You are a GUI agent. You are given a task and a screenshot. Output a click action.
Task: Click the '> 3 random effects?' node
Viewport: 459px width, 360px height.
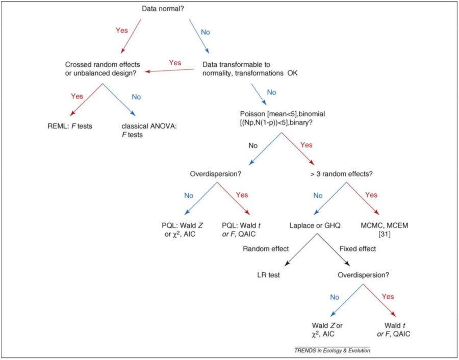pos(341,173)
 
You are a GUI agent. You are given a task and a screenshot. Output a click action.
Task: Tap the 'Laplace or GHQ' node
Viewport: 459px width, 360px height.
pos(314,225)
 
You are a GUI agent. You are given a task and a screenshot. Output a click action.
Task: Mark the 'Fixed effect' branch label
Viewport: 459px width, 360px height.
pos(358,249)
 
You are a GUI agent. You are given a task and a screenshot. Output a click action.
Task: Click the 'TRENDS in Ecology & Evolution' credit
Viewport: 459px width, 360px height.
pos(331,351)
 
